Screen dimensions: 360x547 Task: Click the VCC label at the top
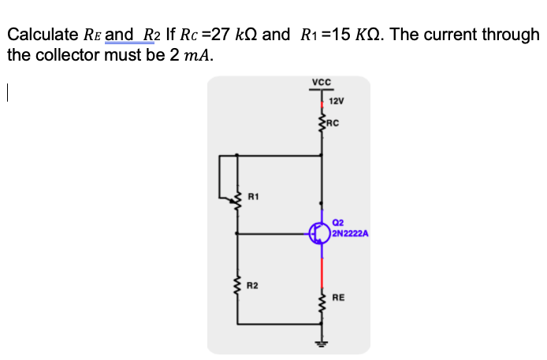pos(321,82)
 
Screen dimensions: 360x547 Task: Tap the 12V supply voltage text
pos(337,102)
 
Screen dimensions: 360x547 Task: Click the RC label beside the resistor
pos(333,122)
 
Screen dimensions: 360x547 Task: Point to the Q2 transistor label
pos(338,223)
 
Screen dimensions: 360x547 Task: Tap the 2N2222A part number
pos(351,233)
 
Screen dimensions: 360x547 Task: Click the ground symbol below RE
pos(321,343)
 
